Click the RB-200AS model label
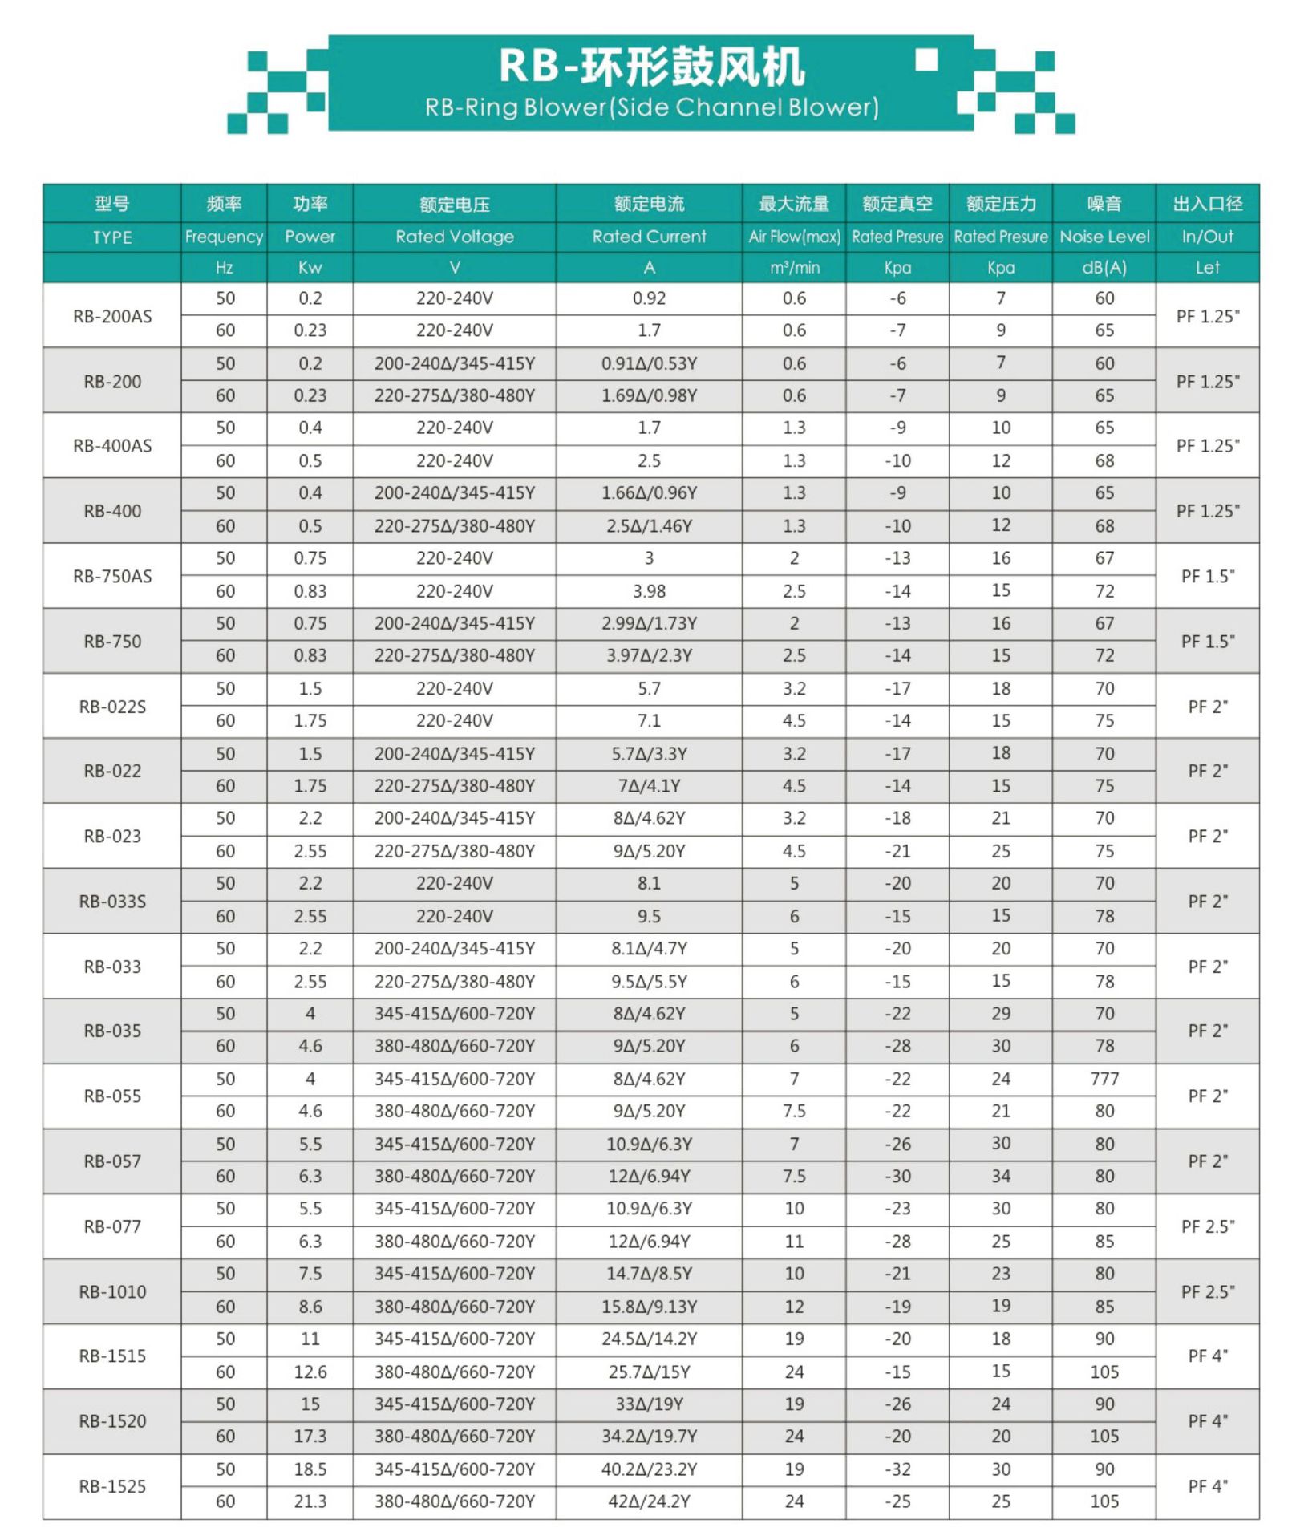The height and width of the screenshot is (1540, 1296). pos(112,316)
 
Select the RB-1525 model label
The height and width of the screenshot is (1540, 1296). pos(112,1486)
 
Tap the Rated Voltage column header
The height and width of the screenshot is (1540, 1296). pos(454,237)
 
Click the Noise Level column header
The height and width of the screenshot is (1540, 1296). pos(1104,237)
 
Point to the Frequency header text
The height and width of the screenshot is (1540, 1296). pos(224,237)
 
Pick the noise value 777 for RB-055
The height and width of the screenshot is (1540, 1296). pos(1104,1079)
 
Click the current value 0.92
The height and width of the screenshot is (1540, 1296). pos(649,298)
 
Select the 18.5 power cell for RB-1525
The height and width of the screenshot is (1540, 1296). pos(310,1469)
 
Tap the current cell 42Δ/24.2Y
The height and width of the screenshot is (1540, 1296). pos(649,1501)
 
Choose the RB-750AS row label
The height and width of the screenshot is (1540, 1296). pos(112,576)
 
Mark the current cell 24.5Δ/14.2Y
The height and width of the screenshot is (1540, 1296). pos(649,1339)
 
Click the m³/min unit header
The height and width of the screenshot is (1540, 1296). pos(794,268)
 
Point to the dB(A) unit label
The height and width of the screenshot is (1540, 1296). pos(1104,268)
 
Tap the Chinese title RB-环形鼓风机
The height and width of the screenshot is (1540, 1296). pos(651,66)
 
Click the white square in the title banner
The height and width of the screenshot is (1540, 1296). pos(926,60)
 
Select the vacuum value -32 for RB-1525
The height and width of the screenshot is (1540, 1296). pos(897,1469)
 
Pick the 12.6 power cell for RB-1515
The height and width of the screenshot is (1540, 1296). pos(310,1372)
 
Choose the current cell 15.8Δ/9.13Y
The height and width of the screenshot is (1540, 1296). pos(649,1307)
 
